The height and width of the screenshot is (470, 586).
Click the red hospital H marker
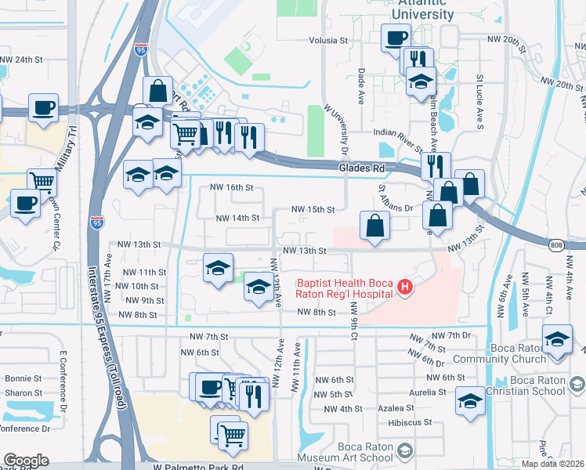click(405, 287)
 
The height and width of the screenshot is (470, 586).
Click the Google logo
click(26, 461)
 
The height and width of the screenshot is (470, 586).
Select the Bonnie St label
click(24, 378)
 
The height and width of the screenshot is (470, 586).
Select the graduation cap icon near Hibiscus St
click(470, 400)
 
